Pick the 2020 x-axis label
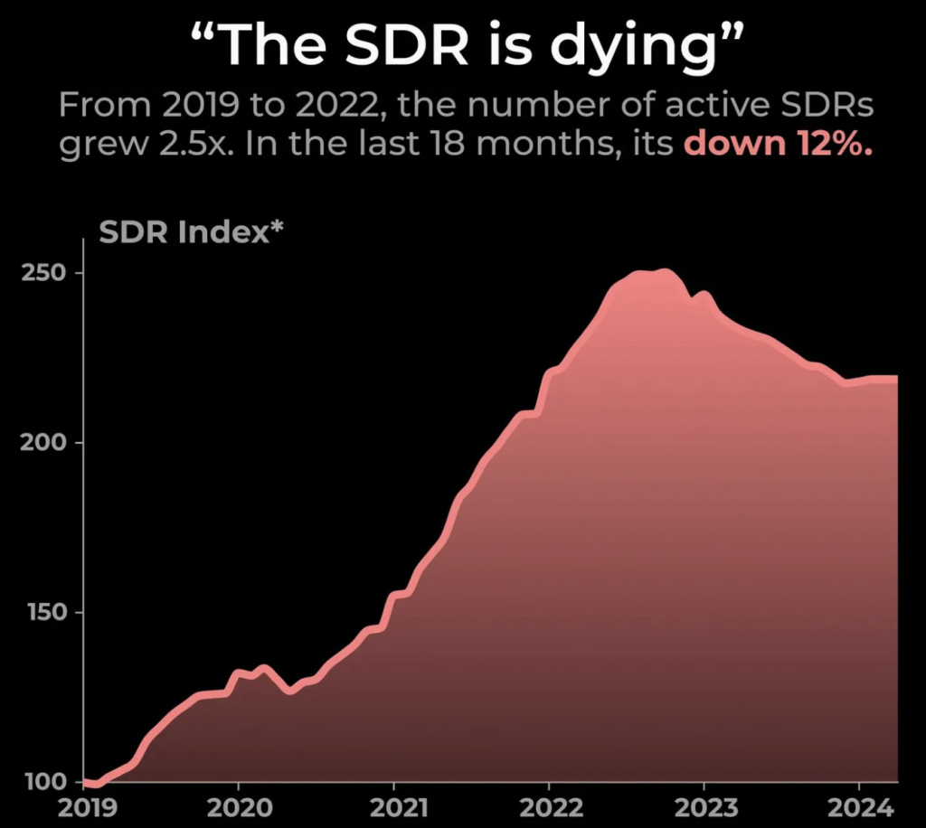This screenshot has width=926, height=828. [x=238, y=807]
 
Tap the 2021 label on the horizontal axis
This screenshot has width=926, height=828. [x=394, y=807]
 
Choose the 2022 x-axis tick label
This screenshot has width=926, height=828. [x=549, y=807]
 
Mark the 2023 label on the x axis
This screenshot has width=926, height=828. [x=704, y=807]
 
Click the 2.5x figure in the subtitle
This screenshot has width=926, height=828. [x=185, y=145]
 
